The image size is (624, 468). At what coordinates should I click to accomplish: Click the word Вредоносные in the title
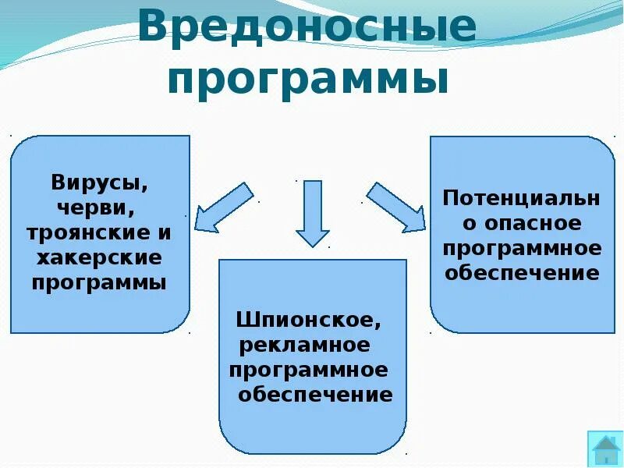tap(307, 29)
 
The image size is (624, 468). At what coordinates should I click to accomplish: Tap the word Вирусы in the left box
tap(99, 185)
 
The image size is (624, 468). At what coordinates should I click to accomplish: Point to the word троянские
tap(87, 233)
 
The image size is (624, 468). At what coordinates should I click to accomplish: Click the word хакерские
tap(99, 257)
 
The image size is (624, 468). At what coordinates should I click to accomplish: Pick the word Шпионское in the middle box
tap(310, 320)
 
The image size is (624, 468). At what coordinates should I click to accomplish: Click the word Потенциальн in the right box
tap(521, 198)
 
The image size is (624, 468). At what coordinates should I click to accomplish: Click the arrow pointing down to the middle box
tap(313, 212)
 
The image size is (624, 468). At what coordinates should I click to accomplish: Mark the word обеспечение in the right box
tap(521, 273)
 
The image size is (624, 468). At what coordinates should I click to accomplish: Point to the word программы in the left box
tap(99, 282)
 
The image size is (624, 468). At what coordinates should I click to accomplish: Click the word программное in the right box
tap(521, 248)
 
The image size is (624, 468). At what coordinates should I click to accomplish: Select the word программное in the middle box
tap(308, 369)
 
